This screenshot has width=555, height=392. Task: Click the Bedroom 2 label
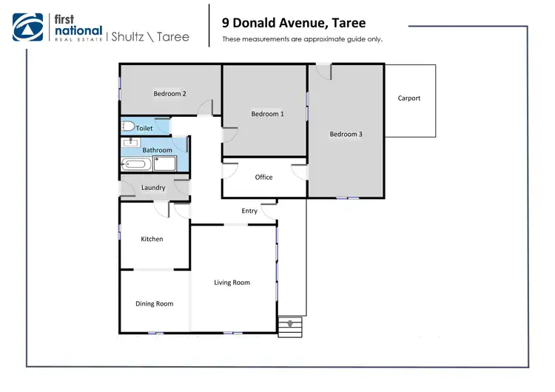[169, 94]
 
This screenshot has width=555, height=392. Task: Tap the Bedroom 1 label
[266, 114]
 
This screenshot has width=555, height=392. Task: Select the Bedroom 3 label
[346, 134]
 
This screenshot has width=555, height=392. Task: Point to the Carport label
[408, 98]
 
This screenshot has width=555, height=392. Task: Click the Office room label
[263, 178]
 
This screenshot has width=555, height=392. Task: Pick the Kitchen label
[152, 239]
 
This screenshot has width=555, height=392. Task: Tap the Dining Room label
[154, 304]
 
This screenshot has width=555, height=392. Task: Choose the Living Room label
[232, 283]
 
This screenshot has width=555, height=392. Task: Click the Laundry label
[153, 188]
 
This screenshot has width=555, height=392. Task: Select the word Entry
[249, 212]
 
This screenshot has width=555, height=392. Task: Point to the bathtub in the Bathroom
[138, 164]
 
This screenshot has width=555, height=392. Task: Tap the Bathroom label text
[157, 150]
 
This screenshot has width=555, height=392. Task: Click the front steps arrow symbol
[290, 323]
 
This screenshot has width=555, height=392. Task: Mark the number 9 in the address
[226, 23]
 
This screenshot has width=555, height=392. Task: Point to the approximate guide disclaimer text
[302, 39]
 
